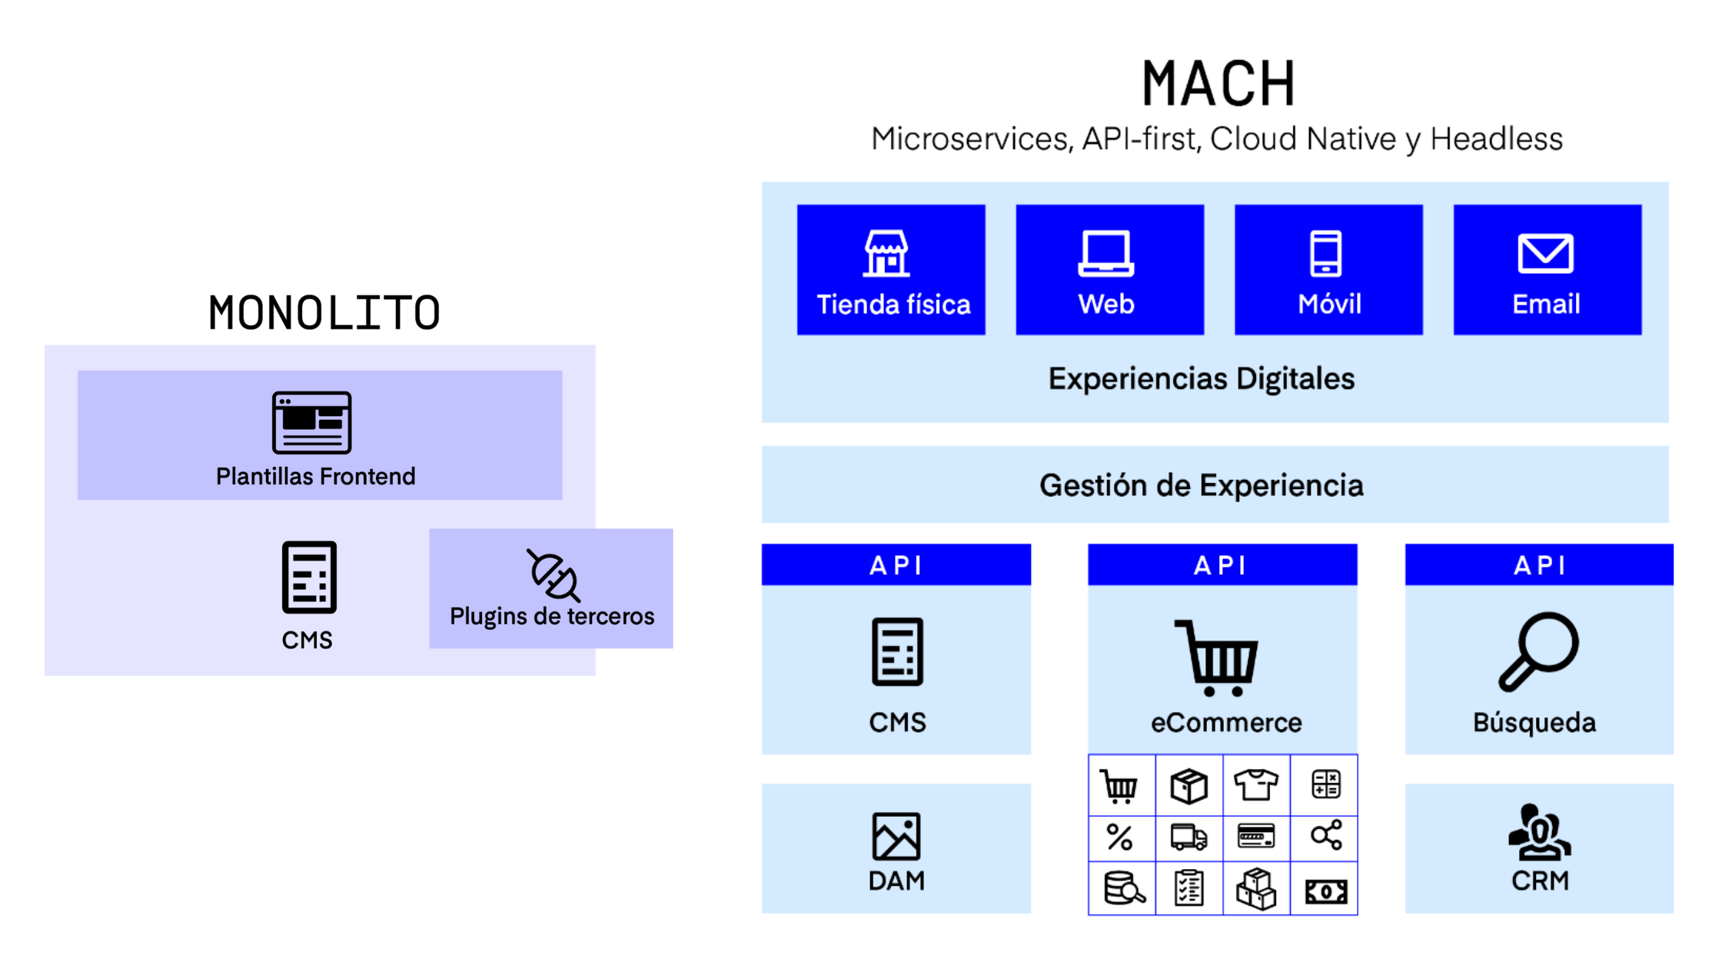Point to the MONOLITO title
click(324, 313)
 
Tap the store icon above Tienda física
click(886, 253)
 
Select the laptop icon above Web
click(1105, 253)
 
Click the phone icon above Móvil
click(1326, 253)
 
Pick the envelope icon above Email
click(1545, 253)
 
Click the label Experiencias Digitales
click(1202, 378)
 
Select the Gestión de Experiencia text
click(1202, 485)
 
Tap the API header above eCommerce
click(1222, 565)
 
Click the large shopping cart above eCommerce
click(1218, 658)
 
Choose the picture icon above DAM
click(896, 836)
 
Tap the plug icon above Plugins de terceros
click(553, 575)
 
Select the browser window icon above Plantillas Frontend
click(311, 422)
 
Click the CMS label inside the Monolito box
click(307, 640)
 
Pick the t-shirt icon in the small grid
click(1255, 785)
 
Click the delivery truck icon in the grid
click(1188, 837)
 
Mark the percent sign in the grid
click(1119, 837)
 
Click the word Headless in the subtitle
click(1496, 139)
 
